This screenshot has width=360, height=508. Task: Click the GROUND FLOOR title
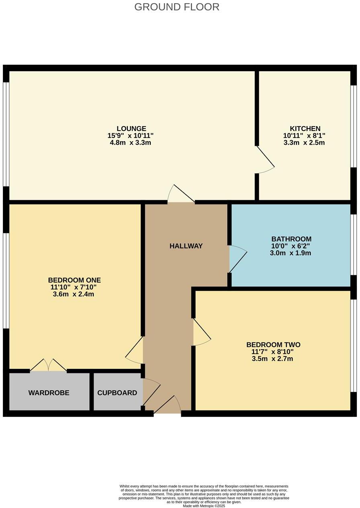[x=177, y=7]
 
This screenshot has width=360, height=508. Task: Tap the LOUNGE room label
[x=130, y=129]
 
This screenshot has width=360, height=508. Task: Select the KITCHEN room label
[x=305, y=129]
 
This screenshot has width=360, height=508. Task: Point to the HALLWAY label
[x=186, y=246]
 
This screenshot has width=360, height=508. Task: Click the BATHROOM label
[x=291, y=239]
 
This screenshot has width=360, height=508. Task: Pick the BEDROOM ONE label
[x=74, y=280]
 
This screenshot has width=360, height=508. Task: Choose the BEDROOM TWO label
[x=273, y=345]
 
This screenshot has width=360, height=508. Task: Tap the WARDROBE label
[x=49, y=393]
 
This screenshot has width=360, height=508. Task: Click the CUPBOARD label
[x=117, y=393]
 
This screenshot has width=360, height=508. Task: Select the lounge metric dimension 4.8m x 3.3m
[x=130, y=143]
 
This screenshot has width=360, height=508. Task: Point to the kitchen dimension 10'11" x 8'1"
[x=304, y=136]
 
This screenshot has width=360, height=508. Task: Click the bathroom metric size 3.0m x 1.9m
[x=290, y=253]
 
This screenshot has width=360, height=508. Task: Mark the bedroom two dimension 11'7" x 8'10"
[x=272, y=352]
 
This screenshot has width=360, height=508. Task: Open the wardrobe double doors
[x=48, y=365]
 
